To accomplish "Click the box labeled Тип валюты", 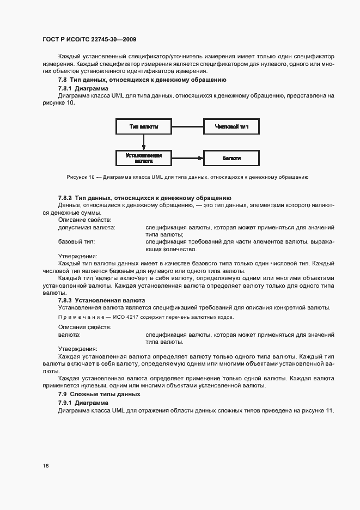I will pyautogui.click(x=144, y=127).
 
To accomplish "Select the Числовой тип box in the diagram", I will pyautogui.click(x=231, y=127).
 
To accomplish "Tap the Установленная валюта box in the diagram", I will pyautogui.click(x=144, y=158).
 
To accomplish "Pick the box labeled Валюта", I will pyautogui.click(x=231, y=158).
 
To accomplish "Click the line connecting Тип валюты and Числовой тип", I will pyautogui.click(x=187, y=127).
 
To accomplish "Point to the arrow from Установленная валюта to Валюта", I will pyautogui.click(x=187, y=158).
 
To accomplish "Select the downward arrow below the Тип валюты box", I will pyautogui.click(x=144, y=142).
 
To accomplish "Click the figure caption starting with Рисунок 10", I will pyautogui.click(x=187, y=177).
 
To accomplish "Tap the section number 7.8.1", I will pyautogui.click(x=65, y=88).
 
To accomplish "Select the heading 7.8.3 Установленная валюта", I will pyautogui.click(x=101, y=300).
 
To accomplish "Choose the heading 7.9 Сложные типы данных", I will pyautogui.click(x=99, y=394).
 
